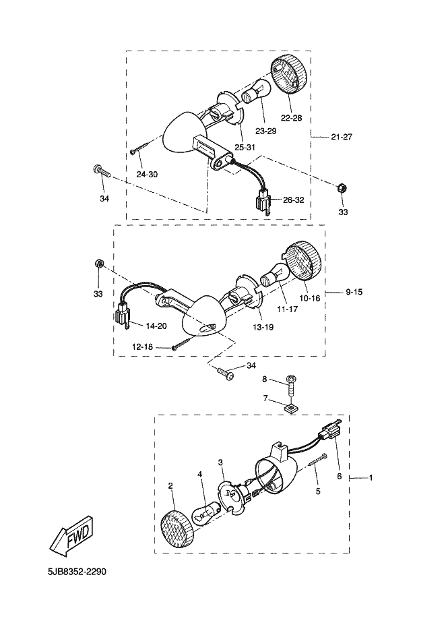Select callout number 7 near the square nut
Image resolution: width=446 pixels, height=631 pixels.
(265, 400)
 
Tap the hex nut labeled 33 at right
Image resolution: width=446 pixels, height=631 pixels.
(342, 187)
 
